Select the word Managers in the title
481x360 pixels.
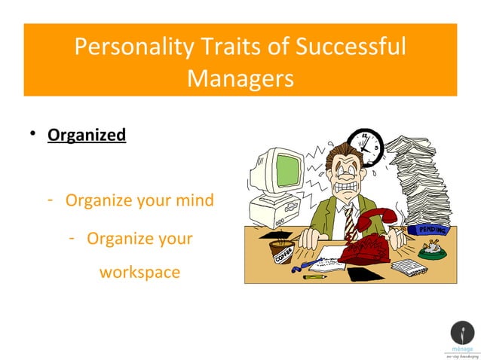(x=240, y=78)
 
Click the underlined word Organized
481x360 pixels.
(x=87, y=136)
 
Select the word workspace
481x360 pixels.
(x=139, y=272)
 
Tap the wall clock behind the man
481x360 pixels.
(x=367, y=145)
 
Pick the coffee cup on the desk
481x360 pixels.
(x=283, y=251)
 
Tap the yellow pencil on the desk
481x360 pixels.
(x=314, y=277)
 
